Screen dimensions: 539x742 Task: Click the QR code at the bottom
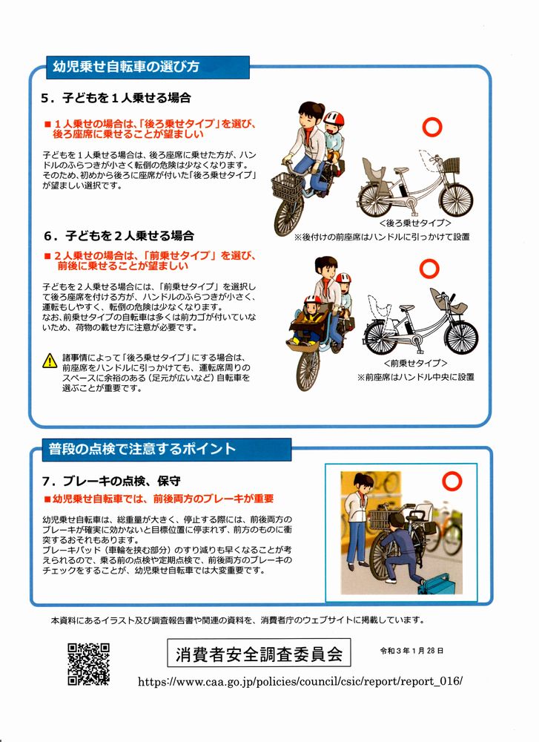point(88,663)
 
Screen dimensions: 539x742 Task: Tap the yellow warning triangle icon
point(50,361)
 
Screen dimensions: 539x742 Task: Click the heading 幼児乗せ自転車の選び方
point(126,66)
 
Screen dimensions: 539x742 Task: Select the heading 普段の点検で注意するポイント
point(142,449)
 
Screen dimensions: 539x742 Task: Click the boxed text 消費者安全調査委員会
point(259,653)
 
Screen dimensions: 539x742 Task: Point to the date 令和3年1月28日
point(411,651)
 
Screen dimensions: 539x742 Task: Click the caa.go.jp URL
point(300,681)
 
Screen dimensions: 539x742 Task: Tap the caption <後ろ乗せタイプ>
point(414,223)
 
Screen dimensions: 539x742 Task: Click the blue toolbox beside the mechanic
point(439,583)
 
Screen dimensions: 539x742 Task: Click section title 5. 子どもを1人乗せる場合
point(116,98)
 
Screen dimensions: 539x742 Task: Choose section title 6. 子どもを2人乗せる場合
point(119,236)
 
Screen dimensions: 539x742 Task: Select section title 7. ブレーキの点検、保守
point(112,482)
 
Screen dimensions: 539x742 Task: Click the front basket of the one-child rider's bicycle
point(286,186)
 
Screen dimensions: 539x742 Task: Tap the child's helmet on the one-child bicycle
point(334,118)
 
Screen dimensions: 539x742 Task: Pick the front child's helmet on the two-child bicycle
point(313,299)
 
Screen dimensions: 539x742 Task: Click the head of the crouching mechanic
point(396,521)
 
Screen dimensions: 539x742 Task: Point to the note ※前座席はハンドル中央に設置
point(415,377)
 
